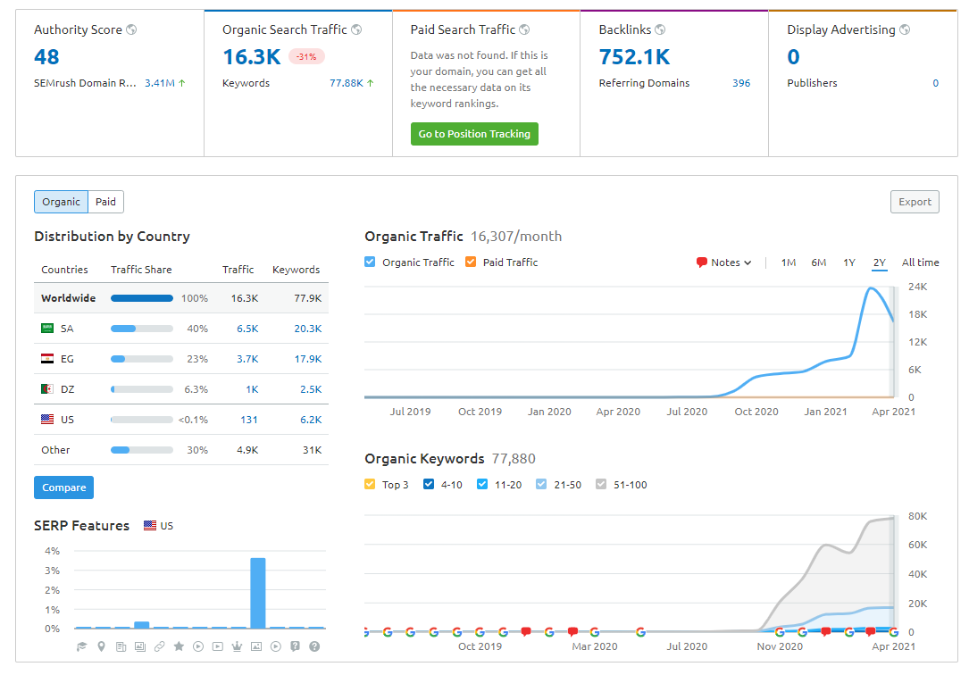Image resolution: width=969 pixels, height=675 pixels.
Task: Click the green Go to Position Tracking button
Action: tap(474, 134)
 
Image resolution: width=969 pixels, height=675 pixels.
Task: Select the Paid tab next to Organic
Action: tap(105, 202)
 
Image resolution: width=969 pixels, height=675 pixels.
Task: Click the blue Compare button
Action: tap(63, 487)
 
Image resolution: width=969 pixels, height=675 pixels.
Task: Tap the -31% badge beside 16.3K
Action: tap(306, 57)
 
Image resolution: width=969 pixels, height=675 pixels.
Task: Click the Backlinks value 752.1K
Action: tap(634, 57)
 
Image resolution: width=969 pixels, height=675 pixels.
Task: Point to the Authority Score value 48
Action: tap(46, 57)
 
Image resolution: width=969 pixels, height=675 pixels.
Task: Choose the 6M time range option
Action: tap(818, 262)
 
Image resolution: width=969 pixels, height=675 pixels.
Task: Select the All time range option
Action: tap(920, 262)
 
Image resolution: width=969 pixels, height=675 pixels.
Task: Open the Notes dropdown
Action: tap(724, 262)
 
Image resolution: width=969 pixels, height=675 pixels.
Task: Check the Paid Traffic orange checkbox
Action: tap(471, 262)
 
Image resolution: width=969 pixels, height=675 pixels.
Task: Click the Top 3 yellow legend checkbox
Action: tap(371, 485)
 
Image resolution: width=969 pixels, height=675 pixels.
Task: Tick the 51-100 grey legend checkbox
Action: tap(601, 485)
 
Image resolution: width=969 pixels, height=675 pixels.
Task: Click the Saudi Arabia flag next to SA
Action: tap(47, 329)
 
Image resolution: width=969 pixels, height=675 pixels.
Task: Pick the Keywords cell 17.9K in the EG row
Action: tap(307, 359)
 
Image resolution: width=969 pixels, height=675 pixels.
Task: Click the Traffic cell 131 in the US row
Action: tap(249, 420)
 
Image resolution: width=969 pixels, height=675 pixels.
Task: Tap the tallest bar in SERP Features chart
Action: tap(257, 593)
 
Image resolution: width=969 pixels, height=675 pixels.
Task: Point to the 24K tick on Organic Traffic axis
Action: tap(916, 287)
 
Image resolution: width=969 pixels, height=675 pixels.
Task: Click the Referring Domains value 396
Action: tap(740, 83)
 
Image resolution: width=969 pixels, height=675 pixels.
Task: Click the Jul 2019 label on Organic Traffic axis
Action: tap(410, 412)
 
